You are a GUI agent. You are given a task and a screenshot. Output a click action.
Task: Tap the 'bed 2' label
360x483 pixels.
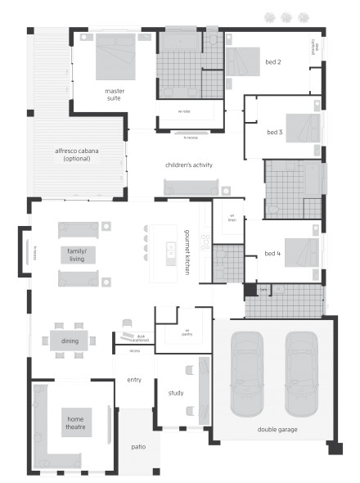(273, 62)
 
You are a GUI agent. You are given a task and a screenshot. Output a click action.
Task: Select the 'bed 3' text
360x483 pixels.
(275, 132)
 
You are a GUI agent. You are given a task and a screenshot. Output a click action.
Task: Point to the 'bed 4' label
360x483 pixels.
(272, 254)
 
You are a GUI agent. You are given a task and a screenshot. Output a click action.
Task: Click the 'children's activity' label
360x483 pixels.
(188, 165)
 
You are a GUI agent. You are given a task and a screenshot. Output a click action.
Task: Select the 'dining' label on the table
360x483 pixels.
(69, 340)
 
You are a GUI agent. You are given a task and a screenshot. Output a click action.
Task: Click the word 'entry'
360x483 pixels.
(134, 380)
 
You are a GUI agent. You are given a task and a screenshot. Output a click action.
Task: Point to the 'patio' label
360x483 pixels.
(138, 447)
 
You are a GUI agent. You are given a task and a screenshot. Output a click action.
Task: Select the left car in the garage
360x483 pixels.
(248, 372)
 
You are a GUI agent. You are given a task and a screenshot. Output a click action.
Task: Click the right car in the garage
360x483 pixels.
(300, 372)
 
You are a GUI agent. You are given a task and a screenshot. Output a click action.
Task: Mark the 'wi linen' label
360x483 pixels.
(231, 217)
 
